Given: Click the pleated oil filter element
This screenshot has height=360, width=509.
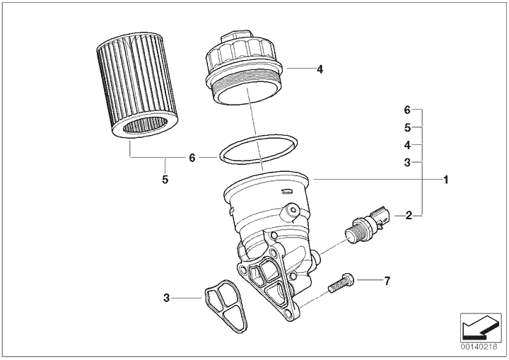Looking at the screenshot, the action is [137, 86].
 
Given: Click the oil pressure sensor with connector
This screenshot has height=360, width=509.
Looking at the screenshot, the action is [367, 224].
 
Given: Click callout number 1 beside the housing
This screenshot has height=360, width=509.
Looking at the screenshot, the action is [446, 180].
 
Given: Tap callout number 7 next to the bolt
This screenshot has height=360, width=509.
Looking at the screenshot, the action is [387, 281].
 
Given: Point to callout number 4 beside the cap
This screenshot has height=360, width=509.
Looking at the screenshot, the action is [320, 69].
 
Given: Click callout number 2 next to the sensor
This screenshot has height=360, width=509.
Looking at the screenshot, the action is [409, 215].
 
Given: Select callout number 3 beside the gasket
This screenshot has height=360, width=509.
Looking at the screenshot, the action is [166, 298].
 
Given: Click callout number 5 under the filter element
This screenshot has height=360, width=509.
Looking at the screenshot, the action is [165, 179].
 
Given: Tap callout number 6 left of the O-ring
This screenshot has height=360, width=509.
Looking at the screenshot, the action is [192, 158].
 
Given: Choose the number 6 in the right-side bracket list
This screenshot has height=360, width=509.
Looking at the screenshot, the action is [407, 110].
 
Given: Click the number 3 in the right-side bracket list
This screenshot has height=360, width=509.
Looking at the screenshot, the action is [407, 162].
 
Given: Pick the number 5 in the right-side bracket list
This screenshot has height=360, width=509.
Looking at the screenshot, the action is [407, 128].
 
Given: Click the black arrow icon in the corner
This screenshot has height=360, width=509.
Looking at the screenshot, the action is [481, 328].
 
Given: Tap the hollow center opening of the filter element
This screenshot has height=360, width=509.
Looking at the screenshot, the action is [145, 125].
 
